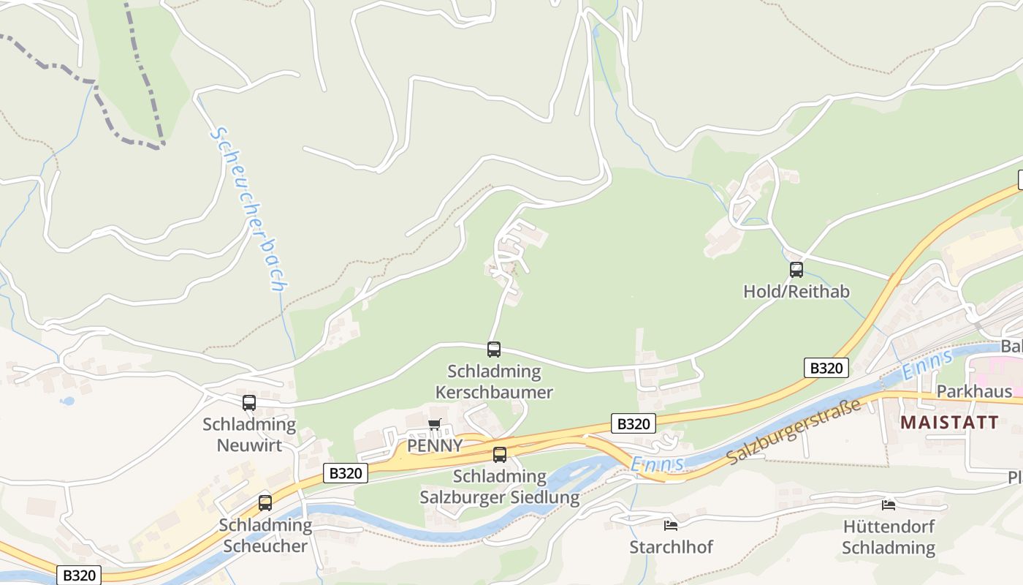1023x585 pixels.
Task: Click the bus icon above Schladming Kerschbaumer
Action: click(x=494, y=350)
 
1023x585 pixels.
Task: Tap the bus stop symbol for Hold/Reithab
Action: click(x=796, y=270)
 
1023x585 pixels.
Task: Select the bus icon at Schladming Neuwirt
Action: click(x=249, y=402)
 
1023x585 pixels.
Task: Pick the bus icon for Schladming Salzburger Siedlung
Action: click(x=500, y=455)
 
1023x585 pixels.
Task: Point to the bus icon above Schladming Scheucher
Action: click(x=265, y=503)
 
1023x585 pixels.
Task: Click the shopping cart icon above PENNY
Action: click(x=435, y=424)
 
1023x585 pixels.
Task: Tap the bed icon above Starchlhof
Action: click(x=671, y=525)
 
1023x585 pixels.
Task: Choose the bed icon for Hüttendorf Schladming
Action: click(x=889, y=505)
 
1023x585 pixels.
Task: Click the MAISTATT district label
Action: click(x=949, y=422)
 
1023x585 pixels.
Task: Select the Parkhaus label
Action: click(x=974, y=391)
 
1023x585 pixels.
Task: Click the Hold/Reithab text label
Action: click(x=796, y=292)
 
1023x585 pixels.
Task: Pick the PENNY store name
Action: click(x=435, y=445)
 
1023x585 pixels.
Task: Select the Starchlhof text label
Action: click(x=671, y=547)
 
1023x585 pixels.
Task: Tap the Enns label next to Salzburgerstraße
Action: click(x=657, y=464)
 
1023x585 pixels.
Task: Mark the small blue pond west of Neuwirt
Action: click(x=67, y=401)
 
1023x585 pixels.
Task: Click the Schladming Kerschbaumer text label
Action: click(x=494, y=382)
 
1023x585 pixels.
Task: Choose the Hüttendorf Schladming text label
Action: click(x=889, y=537)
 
